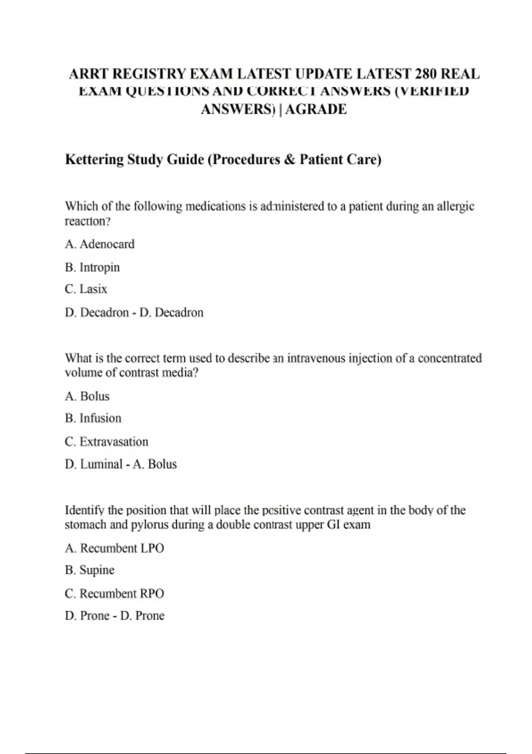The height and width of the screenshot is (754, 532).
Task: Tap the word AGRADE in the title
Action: pyautogui.click(x=316, y=109)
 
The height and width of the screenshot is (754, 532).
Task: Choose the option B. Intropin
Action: pyautogui.click(x=92, y=267)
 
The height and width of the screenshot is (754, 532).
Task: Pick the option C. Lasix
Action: pyautogui.click(x=86, y=289)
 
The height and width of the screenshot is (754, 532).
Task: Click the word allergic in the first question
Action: pyautogui.click(x=455, y=207)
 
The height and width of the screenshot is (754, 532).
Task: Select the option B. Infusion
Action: pyautogui.click(x=93, y=418)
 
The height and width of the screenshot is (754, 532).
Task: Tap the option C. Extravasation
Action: pyautogui.click(x=106, y=442)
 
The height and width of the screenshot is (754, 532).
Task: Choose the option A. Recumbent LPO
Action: pyautogui.click(x=114, y=548)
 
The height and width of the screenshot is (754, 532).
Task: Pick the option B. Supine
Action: pyautogui.click(x=90, y=570)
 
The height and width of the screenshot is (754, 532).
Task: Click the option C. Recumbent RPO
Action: pyautogui.click(x=114, y=593)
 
